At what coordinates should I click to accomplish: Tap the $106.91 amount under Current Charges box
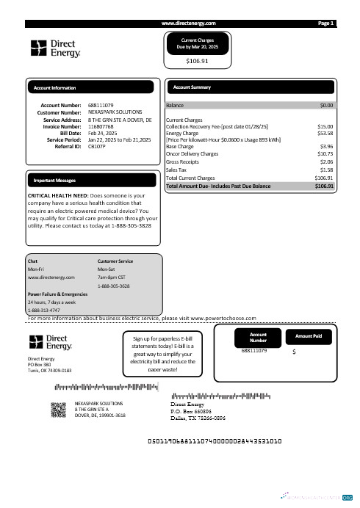pos(197,62)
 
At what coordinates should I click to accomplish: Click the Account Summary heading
pos(192,87)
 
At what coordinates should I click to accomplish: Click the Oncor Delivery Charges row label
pos(192,153)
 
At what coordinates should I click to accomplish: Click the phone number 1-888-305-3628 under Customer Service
pos(114,286)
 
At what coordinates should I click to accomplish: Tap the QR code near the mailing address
pos(59,410)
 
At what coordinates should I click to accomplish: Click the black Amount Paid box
pos(314,336)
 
